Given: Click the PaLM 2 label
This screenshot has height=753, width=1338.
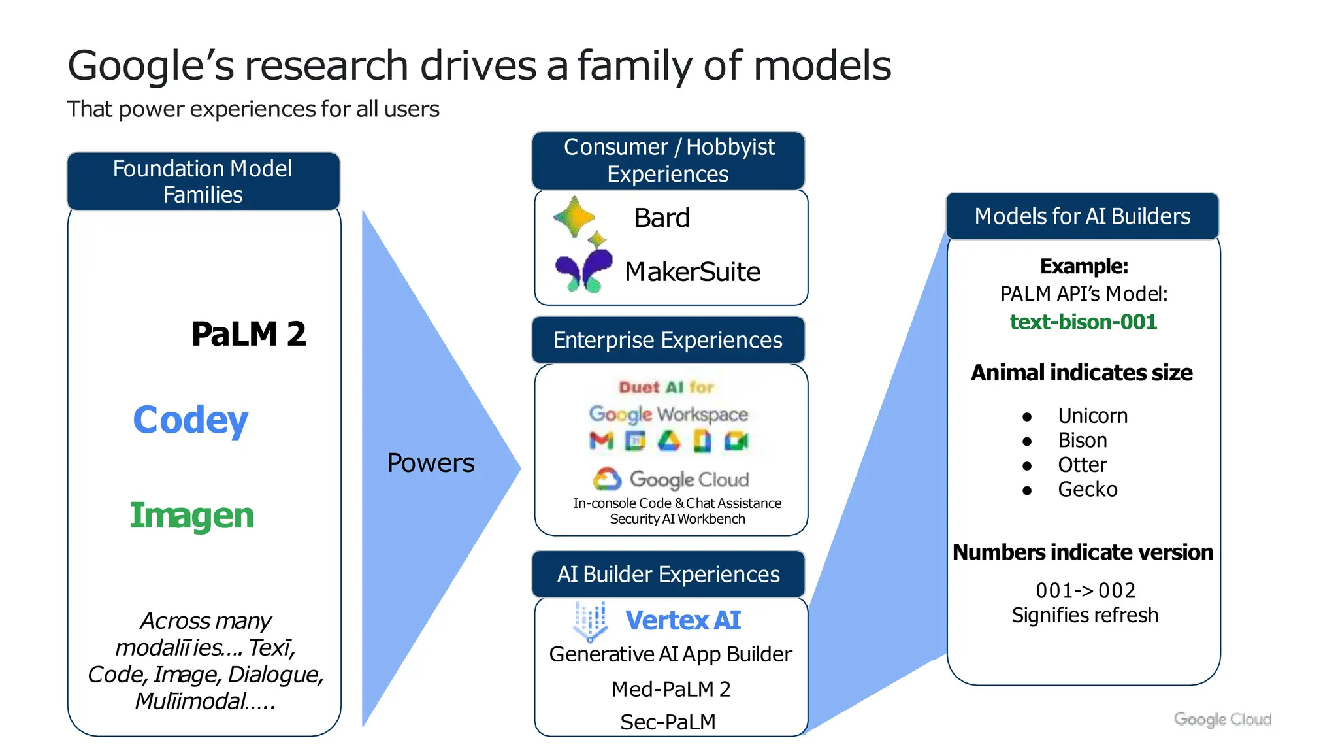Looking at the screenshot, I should coord(248,334).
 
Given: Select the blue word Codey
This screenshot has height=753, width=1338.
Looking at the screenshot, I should coord(190,420).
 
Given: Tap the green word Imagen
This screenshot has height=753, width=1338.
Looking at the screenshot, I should coord(191,515).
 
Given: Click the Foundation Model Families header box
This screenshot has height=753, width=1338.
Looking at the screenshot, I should coord(203,181).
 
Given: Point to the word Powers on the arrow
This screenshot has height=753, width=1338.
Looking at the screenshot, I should coord(431,463).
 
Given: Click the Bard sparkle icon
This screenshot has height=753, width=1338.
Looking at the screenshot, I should coord(576,218).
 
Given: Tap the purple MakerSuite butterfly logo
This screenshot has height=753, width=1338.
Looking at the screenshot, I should coord(583,271).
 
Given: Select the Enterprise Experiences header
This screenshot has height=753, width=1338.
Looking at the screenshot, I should coord(668,340).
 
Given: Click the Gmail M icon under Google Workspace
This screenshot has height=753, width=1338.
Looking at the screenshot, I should coord(601,441).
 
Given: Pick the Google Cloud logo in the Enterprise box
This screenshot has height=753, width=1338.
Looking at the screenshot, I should coord(671,479).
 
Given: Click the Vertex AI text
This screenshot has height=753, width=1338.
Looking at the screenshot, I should coord(683,620).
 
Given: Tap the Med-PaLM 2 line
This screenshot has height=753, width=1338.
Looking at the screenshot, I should coord(671,689).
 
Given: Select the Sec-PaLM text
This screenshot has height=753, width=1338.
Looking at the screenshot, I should coord(668,722).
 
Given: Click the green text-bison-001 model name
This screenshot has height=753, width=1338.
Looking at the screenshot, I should coord(1083,322).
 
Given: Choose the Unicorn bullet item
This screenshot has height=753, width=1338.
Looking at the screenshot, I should coord(1092,416).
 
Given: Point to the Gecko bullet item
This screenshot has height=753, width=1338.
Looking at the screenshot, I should coord(1088,489).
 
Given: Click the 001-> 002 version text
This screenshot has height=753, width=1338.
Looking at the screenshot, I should coord(1085,590).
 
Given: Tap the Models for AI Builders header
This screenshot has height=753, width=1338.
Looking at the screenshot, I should coord(1083,216).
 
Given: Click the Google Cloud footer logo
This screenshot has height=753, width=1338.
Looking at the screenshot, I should coord(1222,719).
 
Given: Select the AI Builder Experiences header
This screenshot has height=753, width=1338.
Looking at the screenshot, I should coord(668,574).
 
